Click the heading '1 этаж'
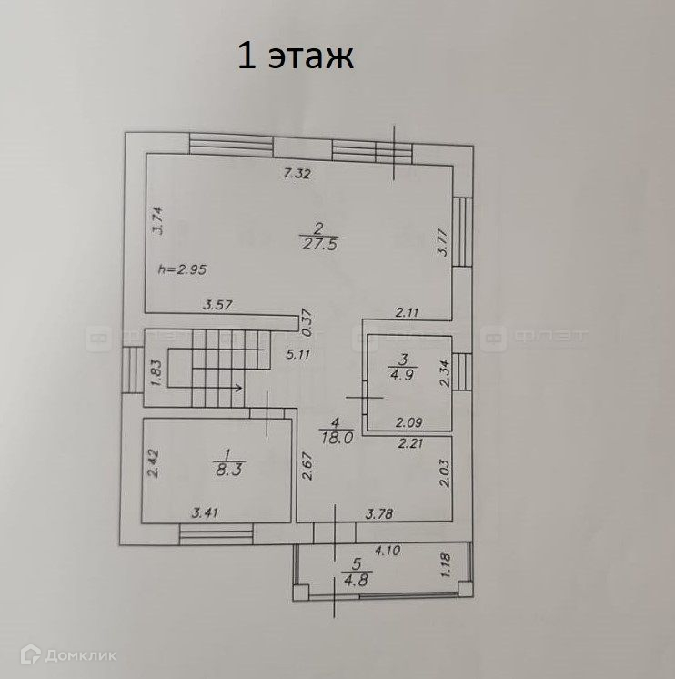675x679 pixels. coord(295,56)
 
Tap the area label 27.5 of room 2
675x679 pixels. coord(316,242)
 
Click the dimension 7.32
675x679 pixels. coord(297,173)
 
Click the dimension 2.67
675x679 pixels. coord(307,468)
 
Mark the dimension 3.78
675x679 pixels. coord(380,514)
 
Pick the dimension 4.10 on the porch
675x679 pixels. coord(388,550)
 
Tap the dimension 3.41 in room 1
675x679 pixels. coord(206,514)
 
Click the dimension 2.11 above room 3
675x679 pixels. coord(408,312)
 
